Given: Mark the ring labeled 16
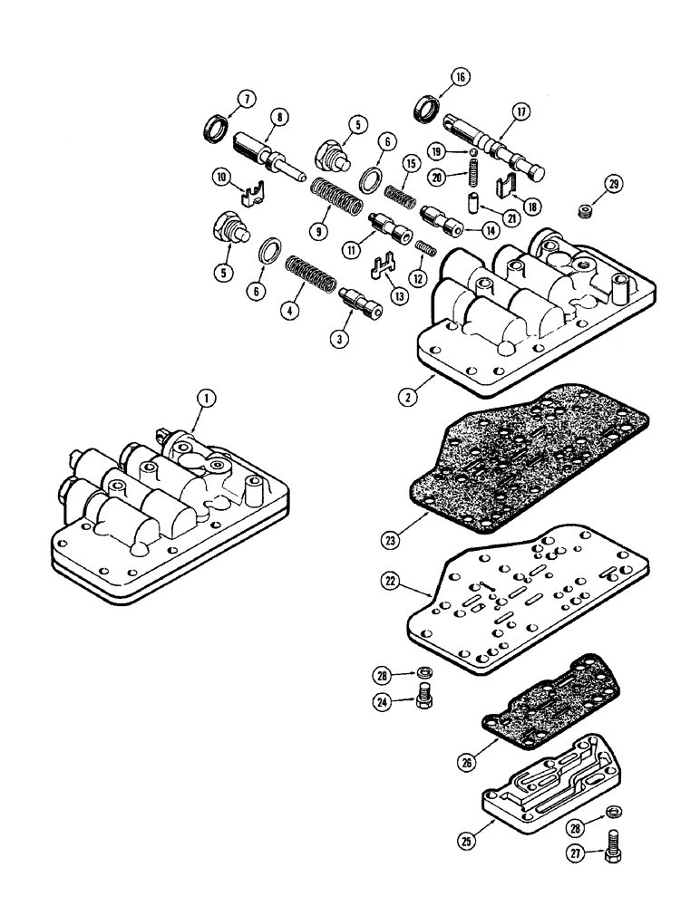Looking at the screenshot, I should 430,112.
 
